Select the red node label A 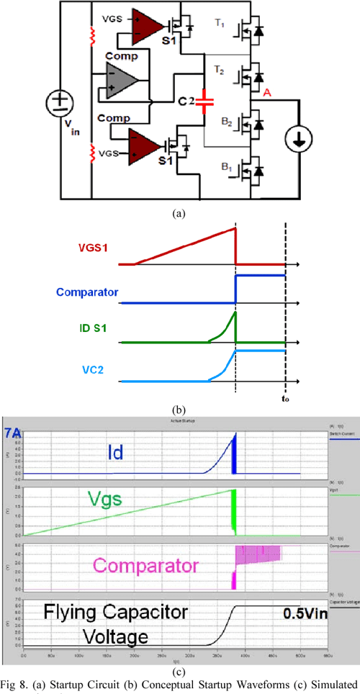[x=266, y=92]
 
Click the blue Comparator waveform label [x=88, y=293]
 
